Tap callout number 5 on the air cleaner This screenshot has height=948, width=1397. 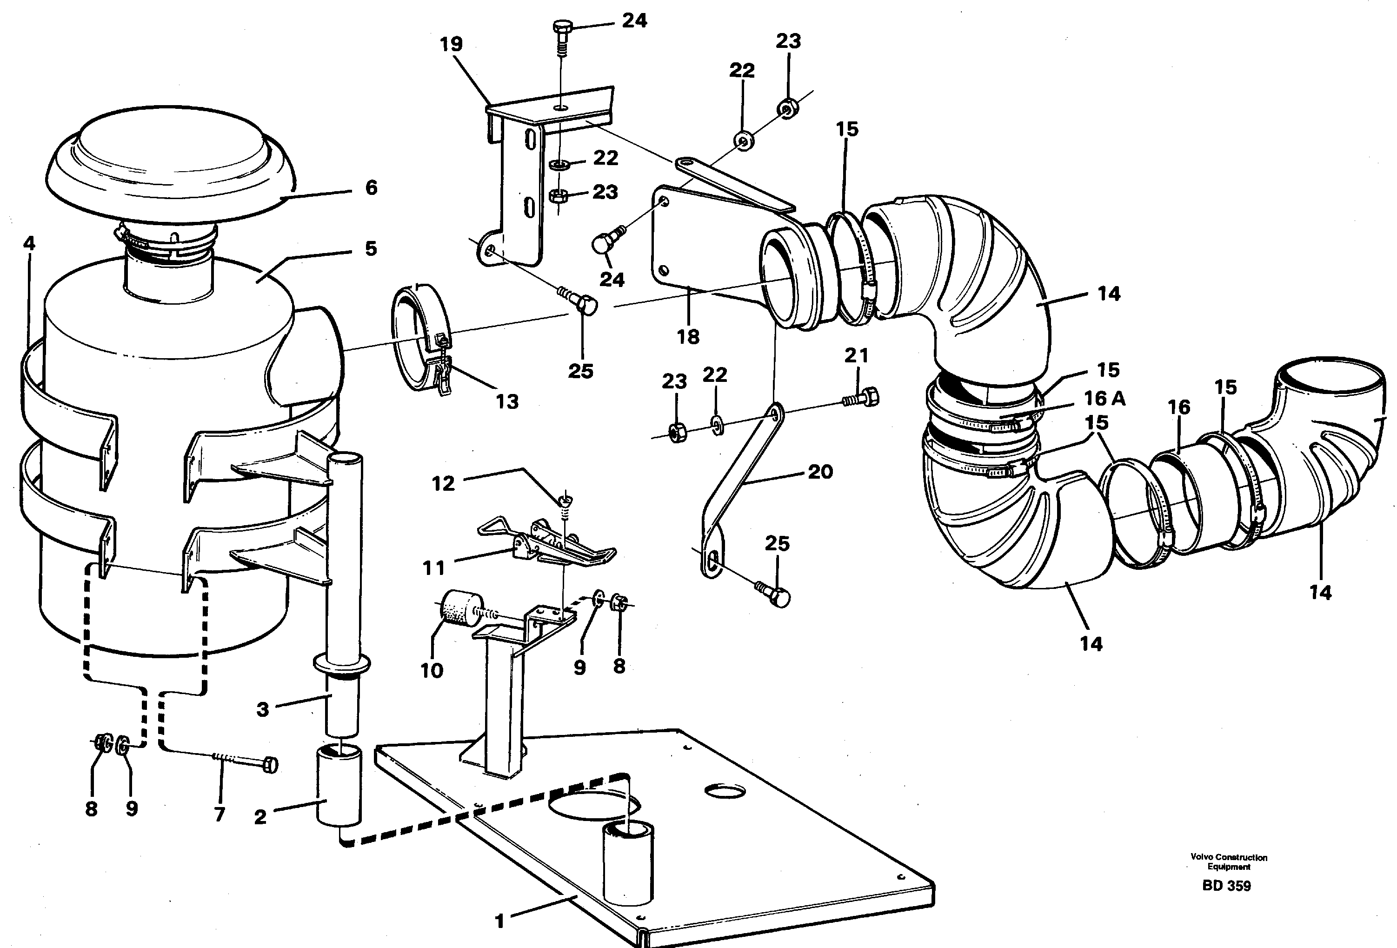pos(371,249)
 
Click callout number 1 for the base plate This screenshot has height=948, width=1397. pos(499,921)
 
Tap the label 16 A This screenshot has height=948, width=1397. pos(1104,399)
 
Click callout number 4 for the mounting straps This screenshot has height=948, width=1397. pos(29,243)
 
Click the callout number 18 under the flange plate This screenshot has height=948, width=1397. pos(688,337)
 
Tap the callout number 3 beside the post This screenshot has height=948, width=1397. pos(263,709)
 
